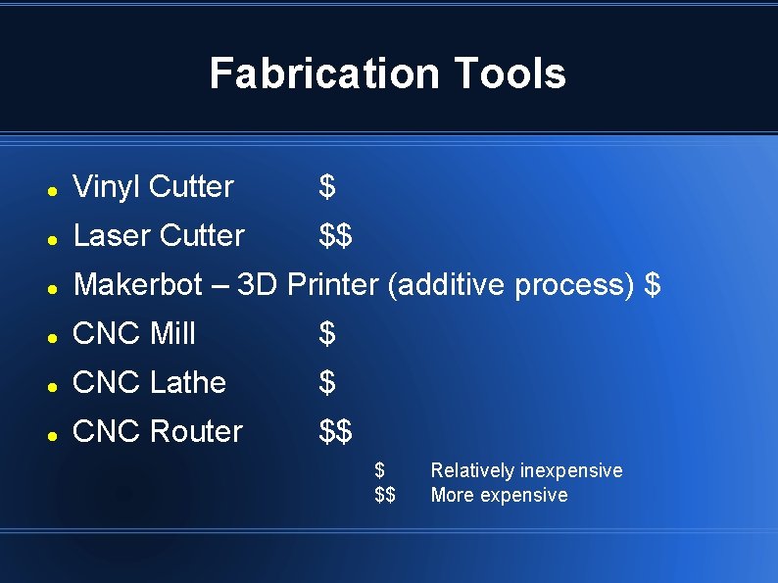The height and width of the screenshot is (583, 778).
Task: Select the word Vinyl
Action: [x=107, y=186]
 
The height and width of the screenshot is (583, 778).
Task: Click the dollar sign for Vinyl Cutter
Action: [x=327, y=186]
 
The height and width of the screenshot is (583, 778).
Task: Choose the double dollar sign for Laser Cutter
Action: [x=336, y=235]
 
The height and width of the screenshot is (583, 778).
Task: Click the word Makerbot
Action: [x=139, y=284]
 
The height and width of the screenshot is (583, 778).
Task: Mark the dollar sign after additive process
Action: [x=653, y=284]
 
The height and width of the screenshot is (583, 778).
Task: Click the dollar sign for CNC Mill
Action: [x=327, y=333]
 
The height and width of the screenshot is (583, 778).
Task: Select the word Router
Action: [x=196, y=431]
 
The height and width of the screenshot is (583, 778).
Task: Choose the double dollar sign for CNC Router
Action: [x=336, y=431]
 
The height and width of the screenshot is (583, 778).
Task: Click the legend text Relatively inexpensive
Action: [x=526, y=470]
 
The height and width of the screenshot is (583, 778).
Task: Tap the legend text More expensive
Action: [x=499, y=495]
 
